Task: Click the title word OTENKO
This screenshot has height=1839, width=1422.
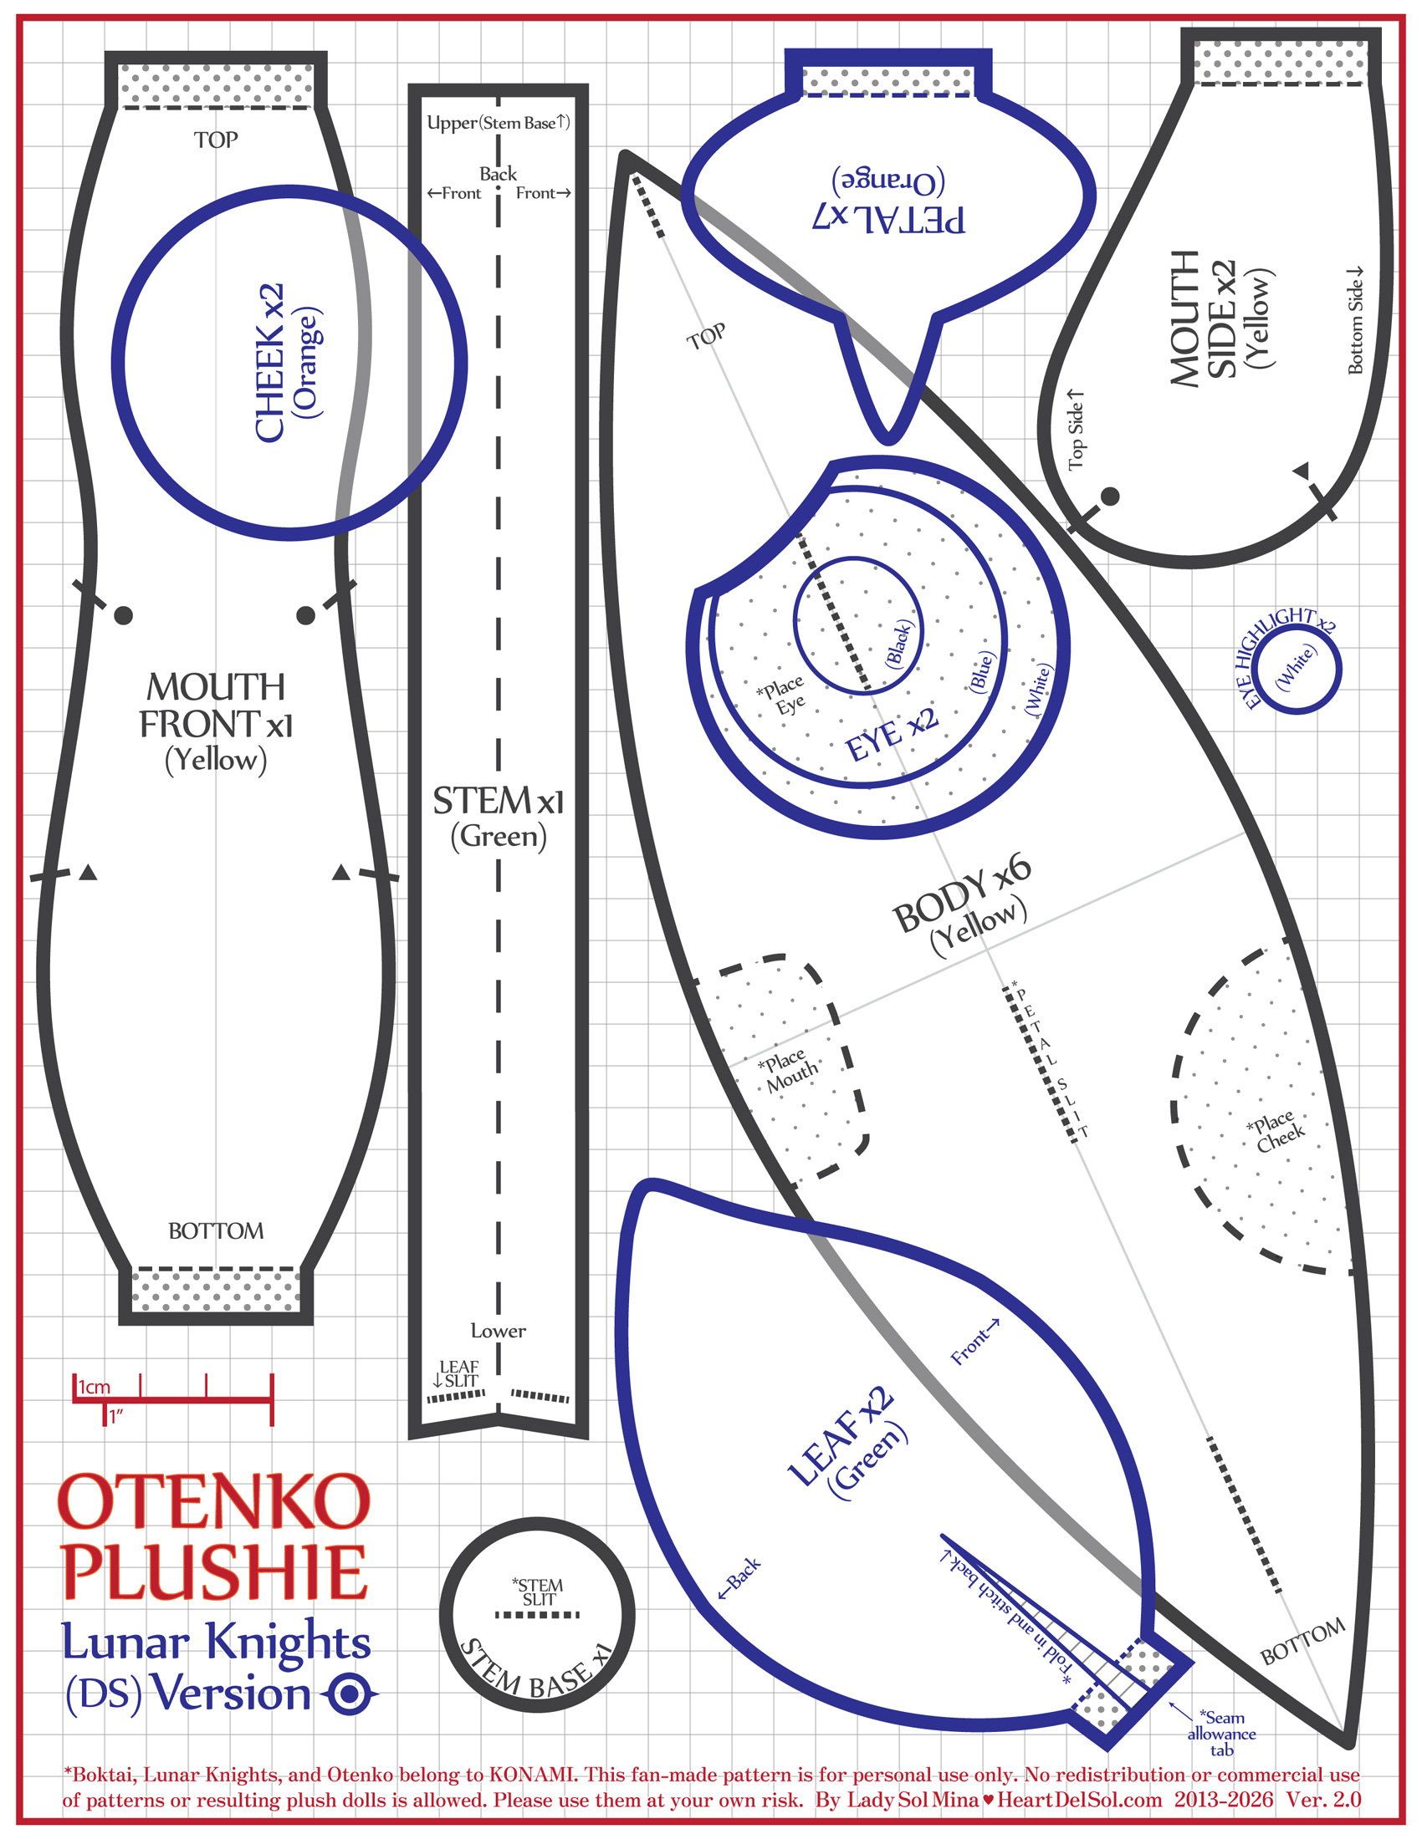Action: click(214, 1503)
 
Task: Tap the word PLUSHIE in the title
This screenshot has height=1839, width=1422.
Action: click(214, 1573)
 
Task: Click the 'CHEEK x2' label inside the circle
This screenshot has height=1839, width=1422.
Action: click(269, 362)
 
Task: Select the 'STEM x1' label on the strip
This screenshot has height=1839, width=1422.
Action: click(498, 801)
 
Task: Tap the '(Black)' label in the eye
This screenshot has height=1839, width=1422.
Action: click(899, 644)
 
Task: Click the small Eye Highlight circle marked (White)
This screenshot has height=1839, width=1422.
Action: click(1296, 670)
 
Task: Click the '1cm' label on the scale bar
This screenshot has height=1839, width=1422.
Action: click(95, 1387)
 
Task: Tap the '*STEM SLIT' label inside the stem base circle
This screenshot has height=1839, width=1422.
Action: click(539, 1592)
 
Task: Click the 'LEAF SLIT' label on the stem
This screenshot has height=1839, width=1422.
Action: click(457, 1373)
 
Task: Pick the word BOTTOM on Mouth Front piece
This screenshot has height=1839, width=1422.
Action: click(216, 1231)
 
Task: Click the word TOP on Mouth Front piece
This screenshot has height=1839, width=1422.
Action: click(216, 140)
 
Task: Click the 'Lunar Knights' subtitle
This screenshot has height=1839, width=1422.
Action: click(216, 1641)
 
